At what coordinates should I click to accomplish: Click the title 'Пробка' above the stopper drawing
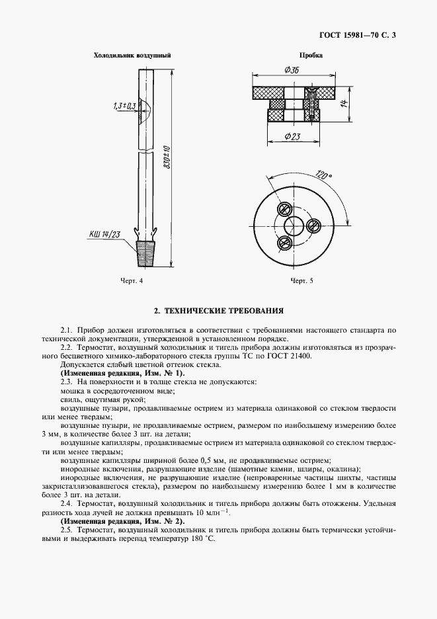pyautogui.click(x=311, y=56)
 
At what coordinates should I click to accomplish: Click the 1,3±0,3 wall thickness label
pyautogui.click(x=124, y=105)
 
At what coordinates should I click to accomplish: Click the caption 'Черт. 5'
pyautogui.click(x=301, y=281)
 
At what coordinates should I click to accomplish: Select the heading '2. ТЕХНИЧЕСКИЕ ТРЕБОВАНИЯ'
pyautogui.click(x=218, y=309)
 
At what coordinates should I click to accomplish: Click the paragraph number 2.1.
pyautogui.click(x=65, y=329)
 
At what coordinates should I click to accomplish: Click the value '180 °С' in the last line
pyautogui.click(x=202, y=539)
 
